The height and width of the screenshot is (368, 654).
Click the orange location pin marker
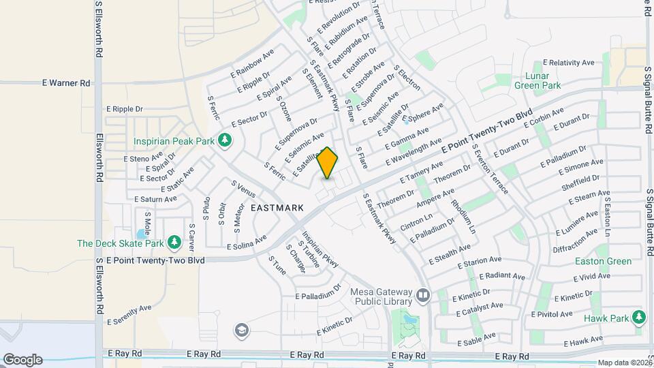point(328,162)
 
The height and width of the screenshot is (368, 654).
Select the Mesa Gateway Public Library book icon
point(423,295)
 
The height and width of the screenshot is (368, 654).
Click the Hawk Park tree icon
point(638,317)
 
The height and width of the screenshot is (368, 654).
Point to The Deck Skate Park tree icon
point(174,243)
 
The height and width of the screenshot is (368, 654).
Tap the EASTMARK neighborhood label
point(277,207)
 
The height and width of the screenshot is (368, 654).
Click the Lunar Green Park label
point(537,81)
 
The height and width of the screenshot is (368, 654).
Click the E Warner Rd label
point(66,83)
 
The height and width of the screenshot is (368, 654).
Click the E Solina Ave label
point(247,243)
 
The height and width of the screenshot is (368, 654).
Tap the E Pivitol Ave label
point(551,314)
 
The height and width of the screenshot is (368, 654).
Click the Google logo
point(22,359)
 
